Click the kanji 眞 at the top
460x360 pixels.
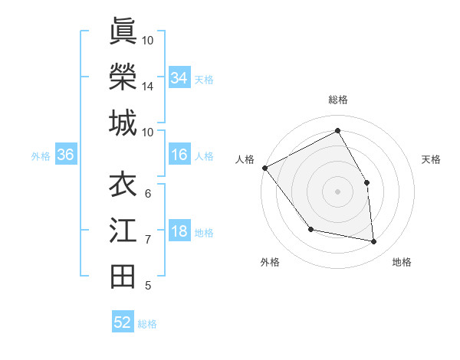(123, 32)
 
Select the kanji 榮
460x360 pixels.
(123, 77)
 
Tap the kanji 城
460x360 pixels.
(123, 123)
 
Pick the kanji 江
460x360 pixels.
(123, 231)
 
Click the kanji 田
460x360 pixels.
(123, 277)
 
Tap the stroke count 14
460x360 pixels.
(148, 87)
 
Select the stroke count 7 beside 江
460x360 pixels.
(148, 240)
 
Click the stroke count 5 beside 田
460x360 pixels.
(148, 286)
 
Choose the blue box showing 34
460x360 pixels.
(179, 78)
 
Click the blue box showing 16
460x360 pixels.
(179, 155)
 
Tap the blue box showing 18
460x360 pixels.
(179, 232)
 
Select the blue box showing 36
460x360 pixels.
(66, 155)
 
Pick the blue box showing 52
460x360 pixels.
(123, 322)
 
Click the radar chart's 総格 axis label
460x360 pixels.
(337, 100)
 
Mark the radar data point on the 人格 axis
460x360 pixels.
(264, 168)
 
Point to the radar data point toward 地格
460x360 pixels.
(373, 241)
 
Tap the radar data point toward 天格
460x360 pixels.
(366, 182)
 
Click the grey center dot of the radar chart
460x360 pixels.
(337, 191)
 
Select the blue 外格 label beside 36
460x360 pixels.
(41, 156)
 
